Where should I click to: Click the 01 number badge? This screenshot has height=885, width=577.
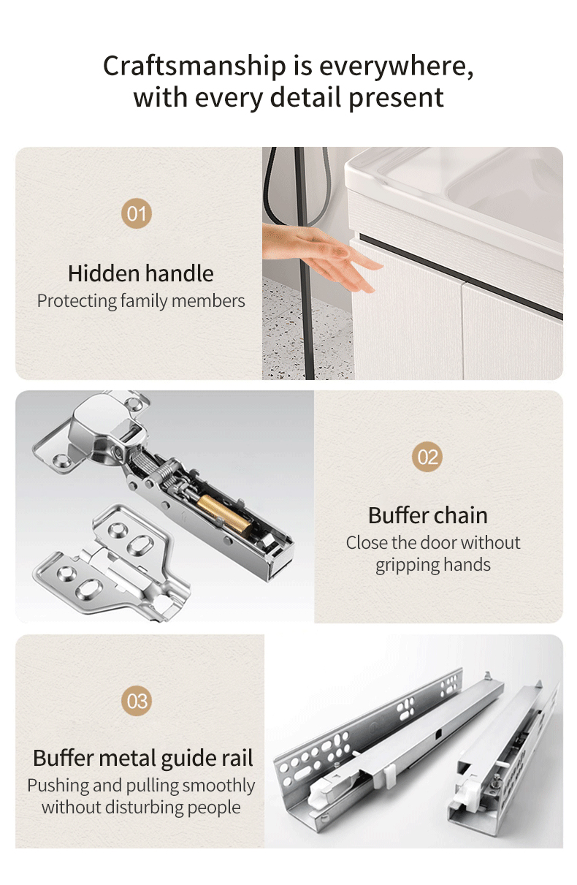coord(137,213)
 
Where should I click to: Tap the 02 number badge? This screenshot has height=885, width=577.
coord(427,457)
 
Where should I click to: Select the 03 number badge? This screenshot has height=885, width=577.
coord(137,701)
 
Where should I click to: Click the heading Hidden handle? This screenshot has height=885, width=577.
coord(141,273)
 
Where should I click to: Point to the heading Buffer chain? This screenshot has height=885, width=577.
coord(427,515)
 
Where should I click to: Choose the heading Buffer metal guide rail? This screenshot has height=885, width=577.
coord(143,758)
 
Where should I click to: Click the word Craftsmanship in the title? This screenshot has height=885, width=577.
coord(195,66)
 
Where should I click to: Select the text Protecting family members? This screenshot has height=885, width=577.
coord(141,300)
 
